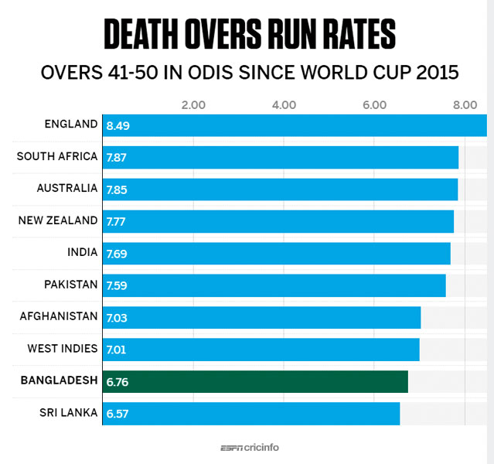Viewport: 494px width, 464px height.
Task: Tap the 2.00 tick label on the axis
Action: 192,104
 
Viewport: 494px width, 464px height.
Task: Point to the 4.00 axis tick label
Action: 284,104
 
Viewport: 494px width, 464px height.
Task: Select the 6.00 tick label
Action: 374,104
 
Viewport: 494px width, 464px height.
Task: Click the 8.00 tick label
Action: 465,104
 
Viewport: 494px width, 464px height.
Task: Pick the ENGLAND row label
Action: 71,125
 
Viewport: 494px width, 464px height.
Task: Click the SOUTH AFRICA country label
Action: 57,156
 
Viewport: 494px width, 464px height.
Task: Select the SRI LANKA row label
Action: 68,412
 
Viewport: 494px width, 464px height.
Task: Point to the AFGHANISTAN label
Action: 59,316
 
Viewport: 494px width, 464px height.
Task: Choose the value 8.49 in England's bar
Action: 118,125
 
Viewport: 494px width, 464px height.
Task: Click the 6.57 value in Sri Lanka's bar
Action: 117,414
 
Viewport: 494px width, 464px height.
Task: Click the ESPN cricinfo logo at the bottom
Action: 248,448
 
